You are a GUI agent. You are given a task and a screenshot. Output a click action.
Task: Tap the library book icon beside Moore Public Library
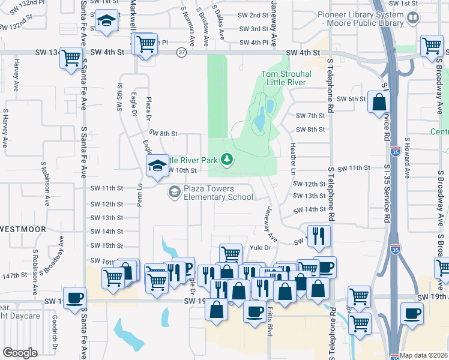click(414, 18)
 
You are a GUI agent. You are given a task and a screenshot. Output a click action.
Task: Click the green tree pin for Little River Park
click(227, 159)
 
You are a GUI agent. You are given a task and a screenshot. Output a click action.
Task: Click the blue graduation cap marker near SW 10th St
click(157, 166)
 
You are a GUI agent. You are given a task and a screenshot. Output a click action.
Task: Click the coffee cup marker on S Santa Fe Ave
click(75, 297)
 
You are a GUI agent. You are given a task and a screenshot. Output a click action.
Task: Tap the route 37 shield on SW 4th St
click(181, 53)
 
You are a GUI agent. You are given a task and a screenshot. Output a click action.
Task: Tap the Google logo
click(20, 353)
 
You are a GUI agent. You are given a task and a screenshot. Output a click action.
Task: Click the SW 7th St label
click(310, 116)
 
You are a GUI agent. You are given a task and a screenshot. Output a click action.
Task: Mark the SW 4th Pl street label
click(253, 43)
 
